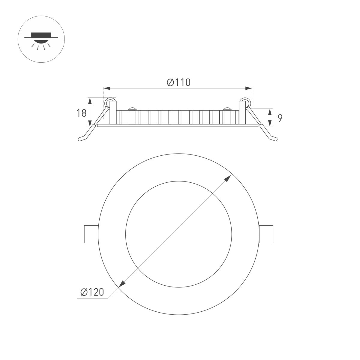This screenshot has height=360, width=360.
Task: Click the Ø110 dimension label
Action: pyautogui.click(x=179, y=82)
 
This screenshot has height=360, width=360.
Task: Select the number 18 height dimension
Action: pyautogui.click(x=81, y=113)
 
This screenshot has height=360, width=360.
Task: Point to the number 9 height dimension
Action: pyautogui.click(x=280, y=118)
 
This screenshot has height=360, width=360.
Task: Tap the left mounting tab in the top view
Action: pyautogui.click(x=90, y=234)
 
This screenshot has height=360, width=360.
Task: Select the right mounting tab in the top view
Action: pyautogui.click(x=266, y=234)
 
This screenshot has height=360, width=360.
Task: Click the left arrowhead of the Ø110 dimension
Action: pyautogui.click(x=107, y=88)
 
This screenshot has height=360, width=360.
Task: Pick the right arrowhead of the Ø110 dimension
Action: pyautogui.click(x=248, y=88)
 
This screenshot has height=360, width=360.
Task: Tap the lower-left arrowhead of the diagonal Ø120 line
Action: pyautogui.click(x=122, y=284)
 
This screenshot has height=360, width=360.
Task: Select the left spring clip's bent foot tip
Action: pyautogui.click(x=80, y=139)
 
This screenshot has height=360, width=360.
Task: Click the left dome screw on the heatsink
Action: pyautogui.click(x=132, y=109)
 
